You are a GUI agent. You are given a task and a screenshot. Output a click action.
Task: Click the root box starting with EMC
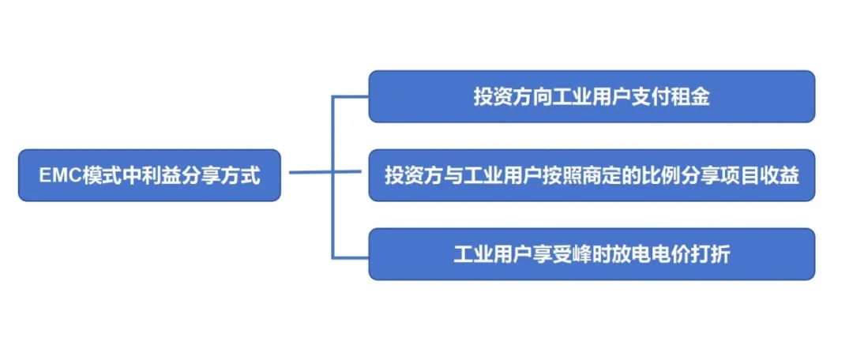point(149,175)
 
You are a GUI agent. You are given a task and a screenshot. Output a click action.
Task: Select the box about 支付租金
point(592,96)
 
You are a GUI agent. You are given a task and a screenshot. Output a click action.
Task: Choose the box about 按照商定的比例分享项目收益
point(592,175)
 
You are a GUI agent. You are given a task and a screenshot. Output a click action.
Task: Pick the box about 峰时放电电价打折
point(592,254)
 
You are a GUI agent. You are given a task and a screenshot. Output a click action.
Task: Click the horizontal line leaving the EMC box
point(310,172)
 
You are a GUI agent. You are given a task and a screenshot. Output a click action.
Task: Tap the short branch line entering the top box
point(351,97)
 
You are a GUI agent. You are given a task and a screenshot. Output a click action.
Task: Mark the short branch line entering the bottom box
point(351,257)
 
